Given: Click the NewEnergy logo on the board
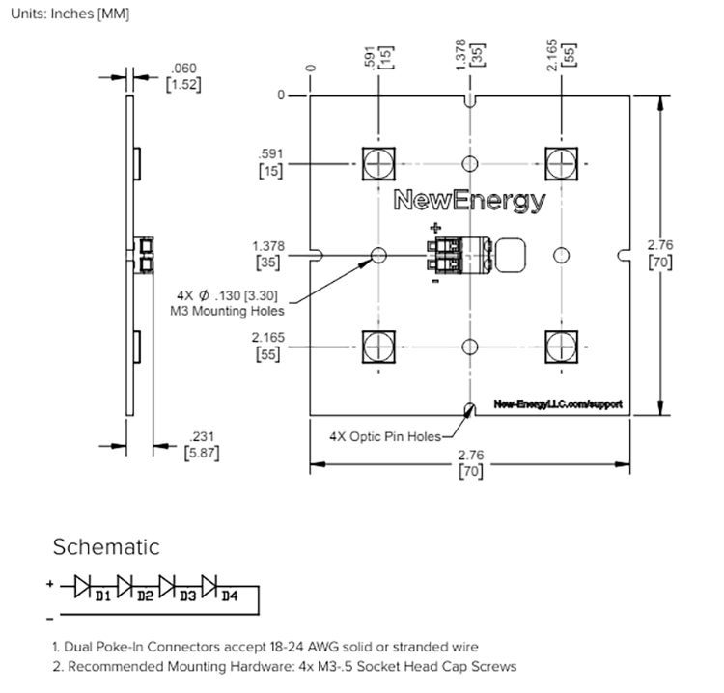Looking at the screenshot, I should pyautogui.click(x=470, y=202).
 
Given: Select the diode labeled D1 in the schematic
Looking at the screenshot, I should pyautogui.click(x=83, y=585).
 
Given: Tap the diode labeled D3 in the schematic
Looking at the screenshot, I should pyautogui.click(x=167, y=585).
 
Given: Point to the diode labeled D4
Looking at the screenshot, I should pyautogui.click(x=209, y=585).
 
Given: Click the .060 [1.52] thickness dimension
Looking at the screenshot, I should pyautogui.click(x=182, y=76).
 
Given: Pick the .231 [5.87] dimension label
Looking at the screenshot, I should pyautogui.click(x=201, y=443).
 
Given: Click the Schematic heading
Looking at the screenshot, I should pyautogui.click(x=105, y=547).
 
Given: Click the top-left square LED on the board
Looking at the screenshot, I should pyautogui.click(x=379, y=161).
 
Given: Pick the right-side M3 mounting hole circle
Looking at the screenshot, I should pyautogui.click(x=561, y=254).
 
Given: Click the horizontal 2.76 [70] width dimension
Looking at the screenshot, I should pyautogui.click(x=470, y=462).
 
